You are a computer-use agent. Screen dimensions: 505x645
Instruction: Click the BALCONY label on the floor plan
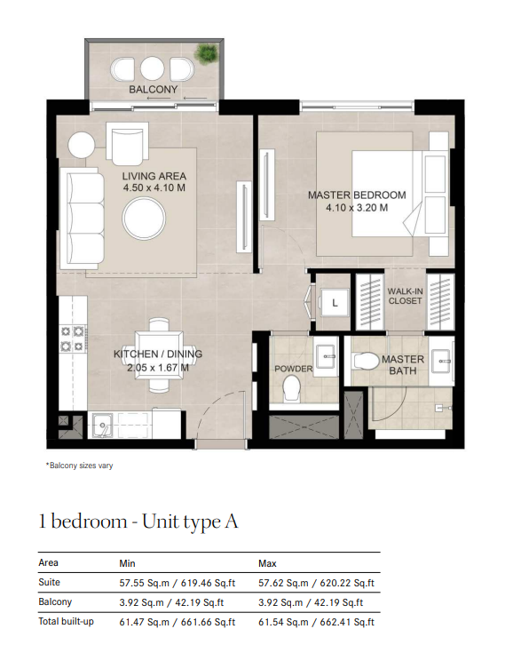(x=153, y=89)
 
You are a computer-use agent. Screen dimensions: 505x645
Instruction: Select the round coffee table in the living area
(x=144, y=219)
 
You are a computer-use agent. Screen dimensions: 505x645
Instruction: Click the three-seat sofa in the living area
(x=82, y=219)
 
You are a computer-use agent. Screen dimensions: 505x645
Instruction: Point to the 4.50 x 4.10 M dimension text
(x=154, y=188)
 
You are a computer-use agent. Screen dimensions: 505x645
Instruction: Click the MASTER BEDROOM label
(x=357, y=195)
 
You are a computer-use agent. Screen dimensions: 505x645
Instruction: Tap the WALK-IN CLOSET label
(x=405, y=296)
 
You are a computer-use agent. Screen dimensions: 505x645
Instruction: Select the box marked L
(x=335, y=303)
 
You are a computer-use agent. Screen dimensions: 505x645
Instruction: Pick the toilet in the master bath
(x=367, y=362)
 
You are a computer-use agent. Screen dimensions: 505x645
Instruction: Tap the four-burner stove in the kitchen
(x=72, y=338)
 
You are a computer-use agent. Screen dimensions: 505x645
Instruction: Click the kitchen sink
(x=102, y=426)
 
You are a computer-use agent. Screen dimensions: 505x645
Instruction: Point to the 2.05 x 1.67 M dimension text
(x=158, y=368)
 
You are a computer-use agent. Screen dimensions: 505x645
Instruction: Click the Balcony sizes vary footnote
(x=79, y=466)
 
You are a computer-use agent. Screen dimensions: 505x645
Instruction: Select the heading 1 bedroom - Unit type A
(x=138, y=522)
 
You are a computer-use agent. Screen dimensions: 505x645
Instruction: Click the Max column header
(x=267, y=563)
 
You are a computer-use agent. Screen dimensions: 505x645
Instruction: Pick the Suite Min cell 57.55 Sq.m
(x=144, y=583)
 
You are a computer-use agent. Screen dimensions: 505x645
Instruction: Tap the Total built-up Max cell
(x=316, y=623)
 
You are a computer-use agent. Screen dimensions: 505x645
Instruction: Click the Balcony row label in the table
(x=55, y=601)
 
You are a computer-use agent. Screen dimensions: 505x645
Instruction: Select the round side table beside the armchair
(x=82, y=145)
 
